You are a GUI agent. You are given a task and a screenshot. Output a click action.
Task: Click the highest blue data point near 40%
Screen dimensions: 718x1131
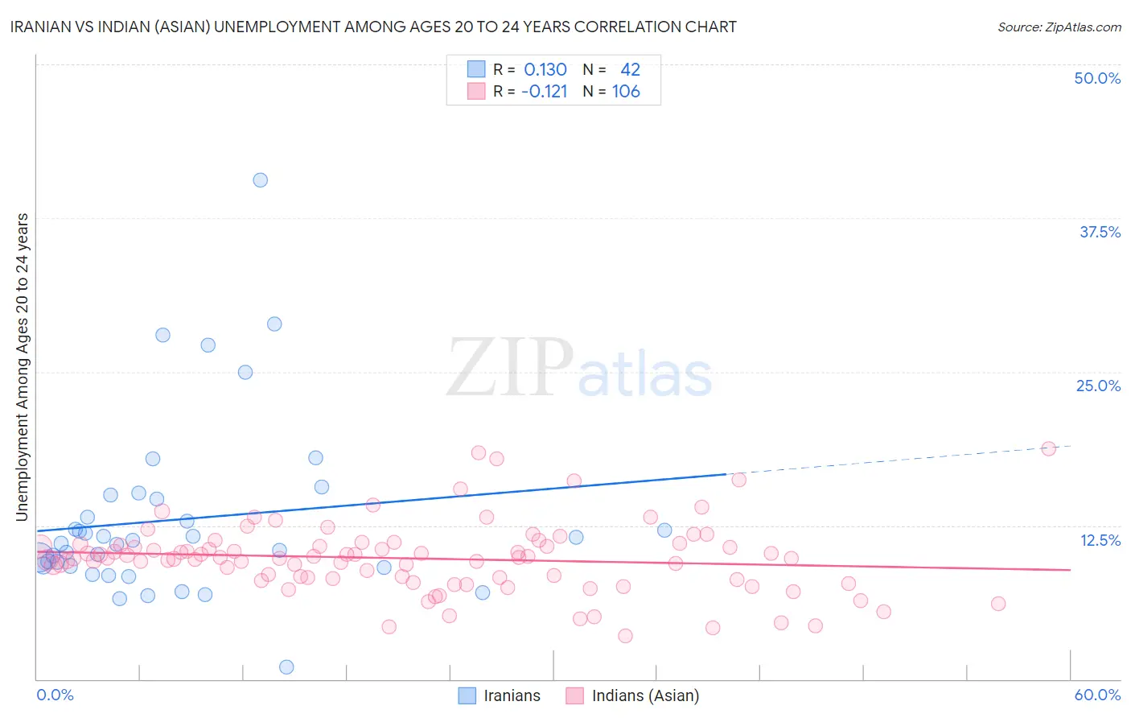(x=260, y=180)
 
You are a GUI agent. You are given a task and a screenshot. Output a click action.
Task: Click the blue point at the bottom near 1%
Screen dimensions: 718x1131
(x=286, y=666)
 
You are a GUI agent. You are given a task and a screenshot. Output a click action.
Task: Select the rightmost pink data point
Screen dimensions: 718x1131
(x=1048, y=448)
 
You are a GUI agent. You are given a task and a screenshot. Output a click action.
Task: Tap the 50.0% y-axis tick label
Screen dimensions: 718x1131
(x=1097, y=79)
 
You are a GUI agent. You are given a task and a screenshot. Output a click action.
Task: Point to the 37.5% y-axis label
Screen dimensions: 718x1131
(x=1100, y=233)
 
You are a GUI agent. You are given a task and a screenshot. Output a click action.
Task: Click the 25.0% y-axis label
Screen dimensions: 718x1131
(x=1098, y=386)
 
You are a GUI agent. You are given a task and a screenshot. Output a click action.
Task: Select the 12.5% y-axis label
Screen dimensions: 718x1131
(x=1100, y=540)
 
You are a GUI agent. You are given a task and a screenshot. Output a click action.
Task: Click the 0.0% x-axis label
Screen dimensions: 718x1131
(x=55, y=695)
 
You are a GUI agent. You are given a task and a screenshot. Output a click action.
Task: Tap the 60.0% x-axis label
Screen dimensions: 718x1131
(x=1097, y=695)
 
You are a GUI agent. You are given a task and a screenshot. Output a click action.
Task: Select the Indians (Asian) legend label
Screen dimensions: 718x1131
(x=645, y=696)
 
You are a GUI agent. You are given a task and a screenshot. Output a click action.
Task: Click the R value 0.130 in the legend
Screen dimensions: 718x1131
(x=545, y=70)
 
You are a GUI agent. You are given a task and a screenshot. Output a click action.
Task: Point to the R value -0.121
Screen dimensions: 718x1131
(x=545, y=92)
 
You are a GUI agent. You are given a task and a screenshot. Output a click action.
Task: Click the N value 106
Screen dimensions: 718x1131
(x=626, y=92)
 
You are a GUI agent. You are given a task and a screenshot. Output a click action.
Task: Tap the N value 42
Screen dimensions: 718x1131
(x=630, y=70)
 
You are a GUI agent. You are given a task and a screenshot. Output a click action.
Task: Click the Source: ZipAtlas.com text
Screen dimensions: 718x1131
(x=1059, y=27)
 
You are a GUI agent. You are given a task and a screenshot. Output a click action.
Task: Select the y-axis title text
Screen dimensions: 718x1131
(x=23, y=367)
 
